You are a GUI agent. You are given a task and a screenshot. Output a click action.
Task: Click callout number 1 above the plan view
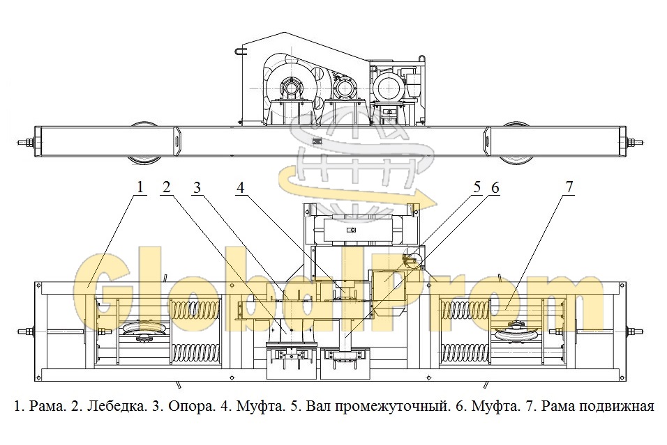click(140, 187)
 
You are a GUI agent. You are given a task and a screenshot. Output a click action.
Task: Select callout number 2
click(167, 187)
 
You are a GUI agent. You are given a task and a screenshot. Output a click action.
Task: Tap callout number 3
click(197, 187)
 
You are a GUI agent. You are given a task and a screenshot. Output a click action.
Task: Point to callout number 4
click(240, 187)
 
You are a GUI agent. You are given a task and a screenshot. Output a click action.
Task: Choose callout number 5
click(477, 187)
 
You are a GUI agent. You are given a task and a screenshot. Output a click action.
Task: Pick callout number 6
click(495, 187)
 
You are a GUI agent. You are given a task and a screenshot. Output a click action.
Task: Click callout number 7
click(569, 187)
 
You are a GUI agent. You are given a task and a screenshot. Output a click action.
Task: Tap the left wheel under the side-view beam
click(143, 143)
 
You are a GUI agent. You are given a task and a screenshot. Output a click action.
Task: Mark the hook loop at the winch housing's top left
click(241, 51)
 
